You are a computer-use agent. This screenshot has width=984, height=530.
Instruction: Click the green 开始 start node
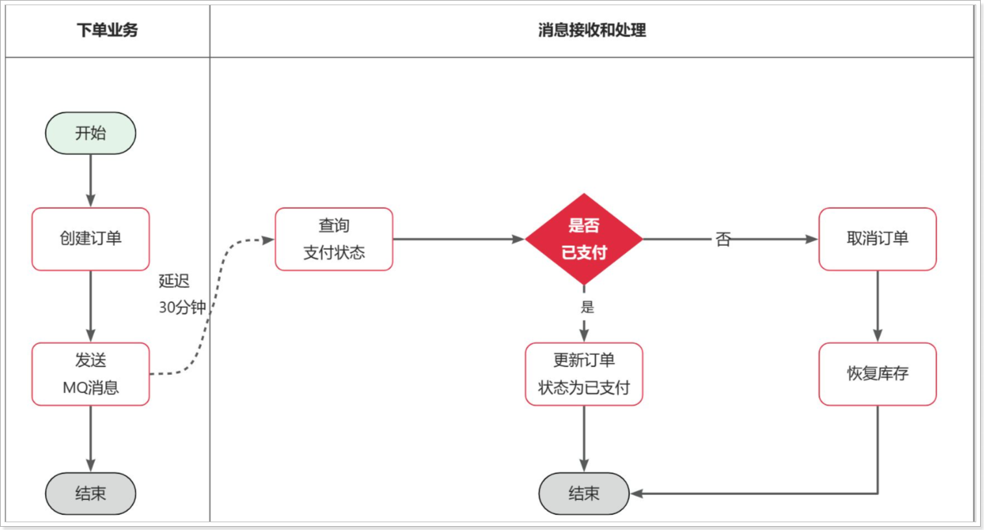point(90,133)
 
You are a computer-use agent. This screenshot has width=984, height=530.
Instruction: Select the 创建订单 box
point(90,239)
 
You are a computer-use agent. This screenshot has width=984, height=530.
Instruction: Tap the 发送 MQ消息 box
point(90,374)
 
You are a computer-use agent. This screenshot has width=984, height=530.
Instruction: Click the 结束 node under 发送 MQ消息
point(90,494)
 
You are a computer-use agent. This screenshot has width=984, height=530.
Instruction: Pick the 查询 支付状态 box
point(334,239)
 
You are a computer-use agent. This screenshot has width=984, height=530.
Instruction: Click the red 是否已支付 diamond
point(583,239)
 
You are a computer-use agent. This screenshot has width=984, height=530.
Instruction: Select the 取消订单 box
point(877,239)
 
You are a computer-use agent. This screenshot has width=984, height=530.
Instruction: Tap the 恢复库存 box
point(877,374)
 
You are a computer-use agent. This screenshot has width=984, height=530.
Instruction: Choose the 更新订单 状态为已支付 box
point(583,374)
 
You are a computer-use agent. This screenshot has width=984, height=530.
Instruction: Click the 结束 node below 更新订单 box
point(583,494)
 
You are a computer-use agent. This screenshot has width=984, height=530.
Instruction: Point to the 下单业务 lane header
point(107,30)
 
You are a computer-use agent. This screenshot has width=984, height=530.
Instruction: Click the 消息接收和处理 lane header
point(592,30)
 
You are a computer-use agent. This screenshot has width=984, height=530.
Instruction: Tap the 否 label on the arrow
point(723,239)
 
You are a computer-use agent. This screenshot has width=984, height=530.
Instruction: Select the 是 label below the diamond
point(587,307)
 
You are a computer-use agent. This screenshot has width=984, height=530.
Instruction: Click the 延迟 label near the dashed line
point(174,281)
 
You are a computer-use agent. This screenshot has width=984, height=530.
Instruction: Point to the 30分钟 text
point(182,307)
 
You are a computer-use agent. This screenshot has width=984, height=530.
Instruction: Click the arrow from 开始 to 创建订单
point(90,180)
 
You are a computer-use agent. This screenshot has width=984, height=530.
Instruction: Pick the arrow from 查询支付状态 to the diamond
point(458,239)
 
